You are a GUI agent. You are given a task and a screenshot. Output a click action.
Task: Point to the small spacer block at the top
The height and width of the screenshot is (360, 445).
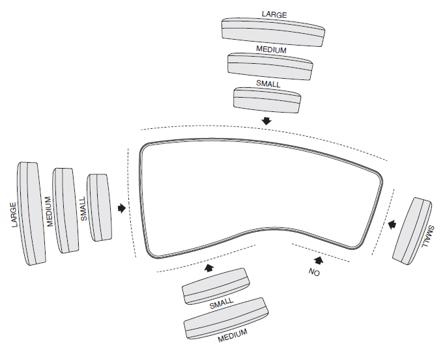click(267, 98)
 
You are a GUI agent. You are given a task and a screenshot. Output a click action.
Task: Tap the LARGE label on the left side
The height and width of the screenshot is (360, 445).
click(14, 214)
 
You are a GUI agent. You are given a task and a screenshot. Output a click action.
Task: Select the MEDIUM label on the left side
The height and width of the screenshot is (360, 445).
click(49, 212)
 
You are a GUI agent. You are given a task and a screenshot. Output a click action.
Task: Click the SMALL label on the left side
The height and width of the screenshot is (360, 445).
click(83, 210)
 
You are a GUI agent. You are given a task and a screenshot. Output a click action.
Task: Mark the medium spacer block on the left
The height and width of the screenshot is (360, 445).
click(66, 210)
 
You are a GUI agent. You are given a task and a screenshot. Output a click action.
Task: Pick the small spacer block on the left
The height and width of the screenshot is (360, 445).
click(100, 208)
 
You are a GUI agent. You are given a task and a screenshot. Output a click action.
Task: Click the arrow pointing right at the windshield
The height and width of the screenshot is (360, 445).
click(121, 208)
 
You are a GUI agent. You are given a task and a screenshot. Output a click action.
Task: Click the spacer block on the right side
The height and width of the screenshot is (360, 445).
click(412, 230)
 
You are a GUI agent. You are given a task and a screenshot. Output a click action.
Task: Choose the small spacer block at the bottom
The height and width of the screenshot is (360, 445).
click(216, 286)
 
